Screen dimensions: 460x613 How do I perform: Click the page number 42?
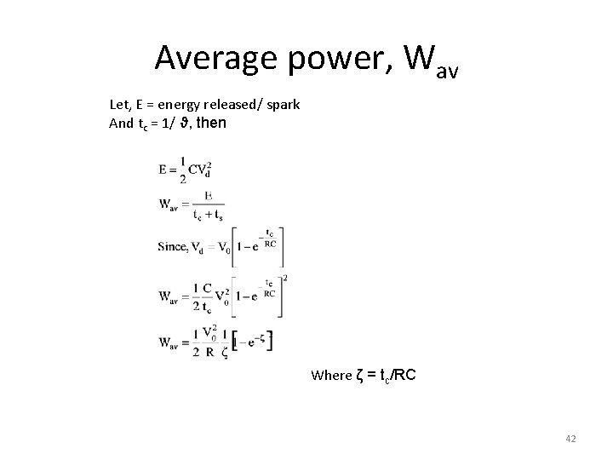point(570,439)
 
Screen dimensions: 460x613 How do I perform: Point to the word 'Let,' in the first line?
point(121,106)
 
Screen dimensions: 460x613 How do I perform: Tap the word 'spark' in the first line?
point(282,106)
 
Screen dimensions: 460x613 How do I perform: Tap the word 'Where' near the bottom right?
point(331,375)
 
